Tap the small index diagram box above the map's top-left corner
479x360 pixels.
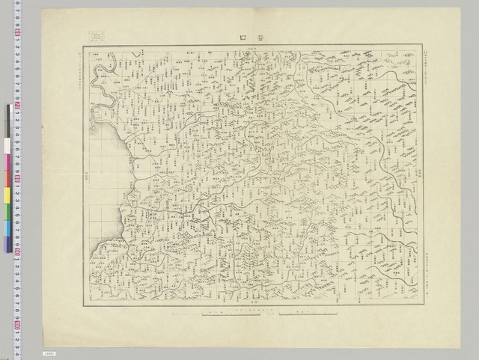click(95, 35)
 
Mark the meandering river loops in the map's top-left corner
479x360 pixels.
click(100, 75)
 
